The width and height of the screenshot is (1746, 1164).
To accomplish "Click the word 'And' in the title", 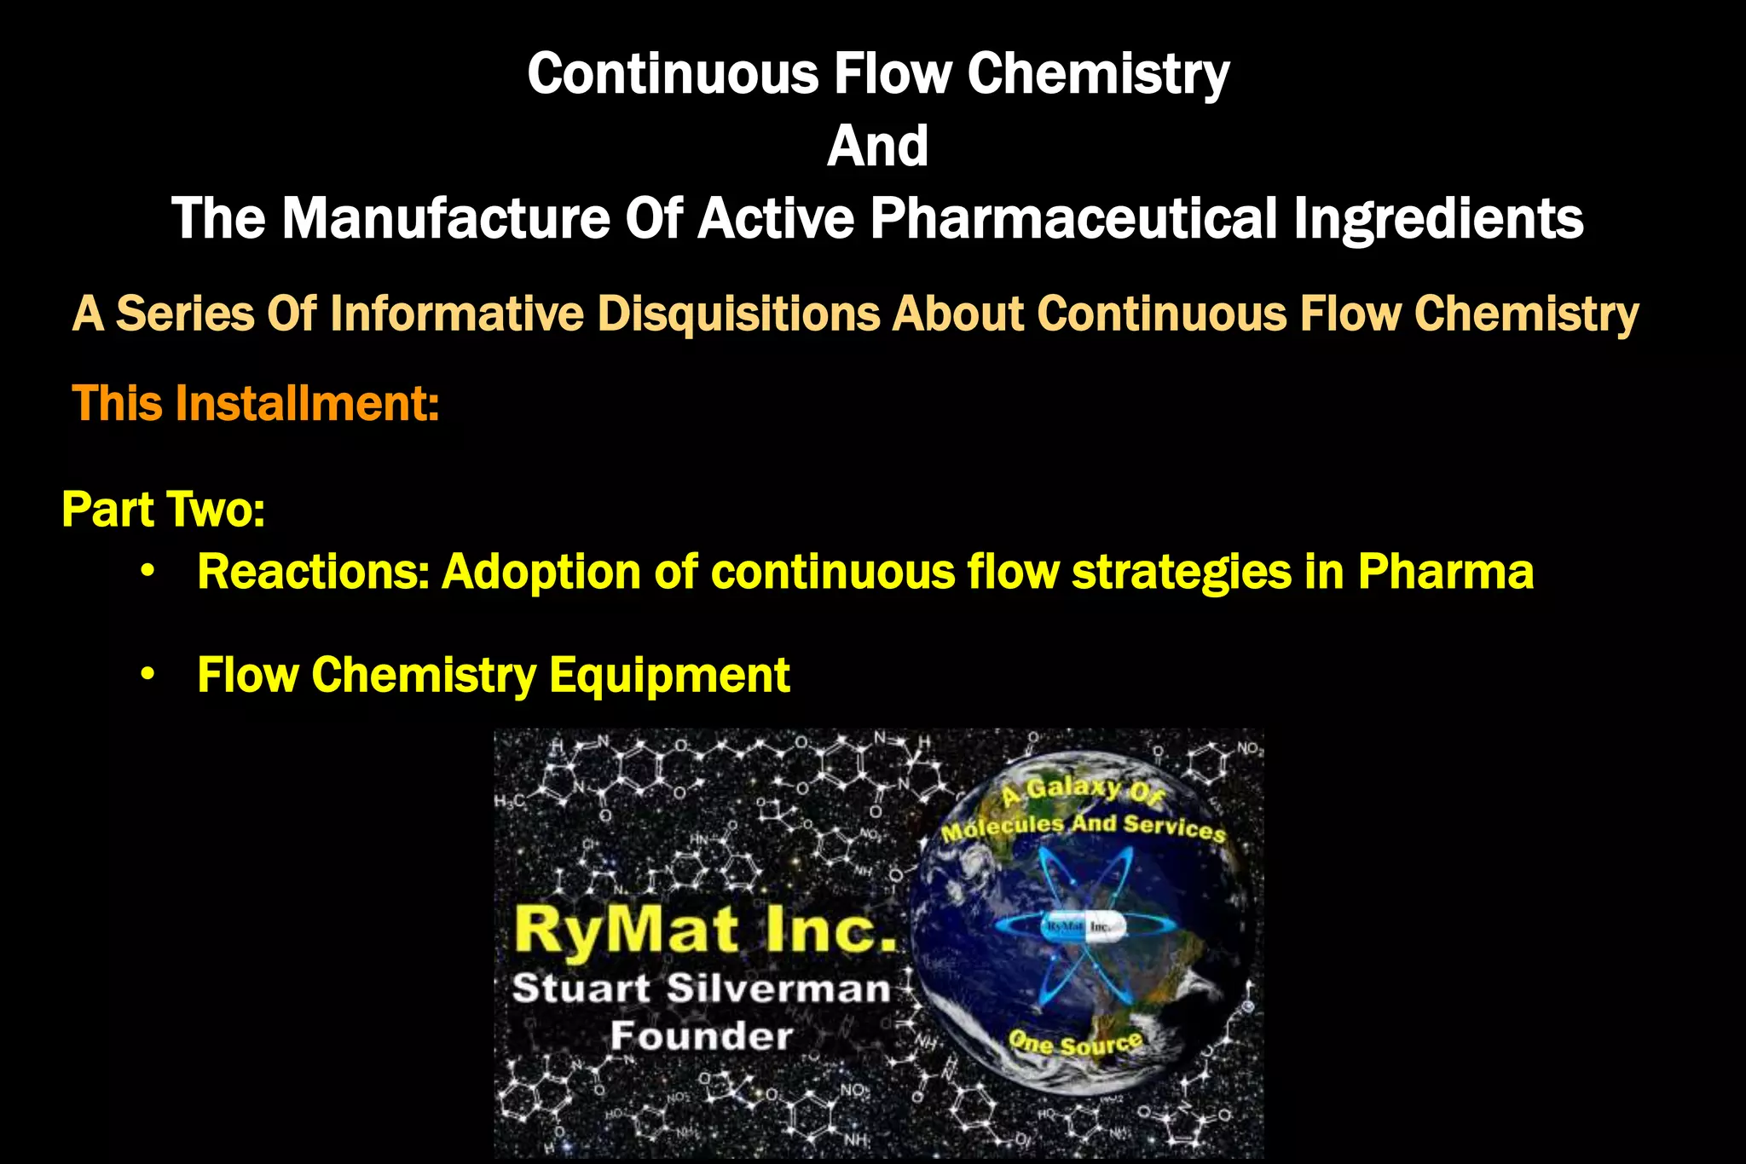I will (877, 146).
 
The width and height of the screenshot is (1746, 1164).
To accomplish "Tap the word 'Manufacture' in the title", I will (445, 218).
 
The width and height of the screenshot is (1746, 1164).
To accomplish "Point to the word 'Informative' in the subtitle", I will (456, 314).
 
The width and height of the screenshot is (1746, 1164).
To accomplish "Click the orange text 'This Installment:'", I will (256, 403).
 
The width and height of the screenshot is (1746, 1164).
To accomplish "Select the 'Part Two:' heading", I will (164, 510).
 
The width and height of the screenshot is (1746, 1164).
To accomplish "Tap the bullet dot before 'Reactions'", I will (148, 572).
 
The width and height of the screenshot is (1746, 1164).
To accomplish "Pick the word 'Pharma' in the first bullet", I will (1446, 572).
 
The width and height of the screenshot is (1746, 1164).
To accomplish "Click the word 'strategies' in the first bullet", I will (1181, 572).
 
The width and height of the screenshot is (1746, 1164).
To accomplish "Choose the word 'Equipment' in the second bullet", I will (669, 676).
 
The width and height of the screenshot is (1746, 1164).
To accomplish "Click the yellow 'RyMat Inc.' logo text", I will (704, 929).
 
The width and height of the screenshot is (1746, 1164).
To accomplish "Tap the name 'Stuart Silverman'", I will (701, 988).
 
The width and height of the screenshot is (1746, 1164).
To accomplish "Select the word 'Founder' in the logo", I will (701, 1036).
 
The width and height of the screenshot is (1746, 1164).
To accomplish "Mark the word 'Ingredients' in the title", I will (1438, 218).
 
